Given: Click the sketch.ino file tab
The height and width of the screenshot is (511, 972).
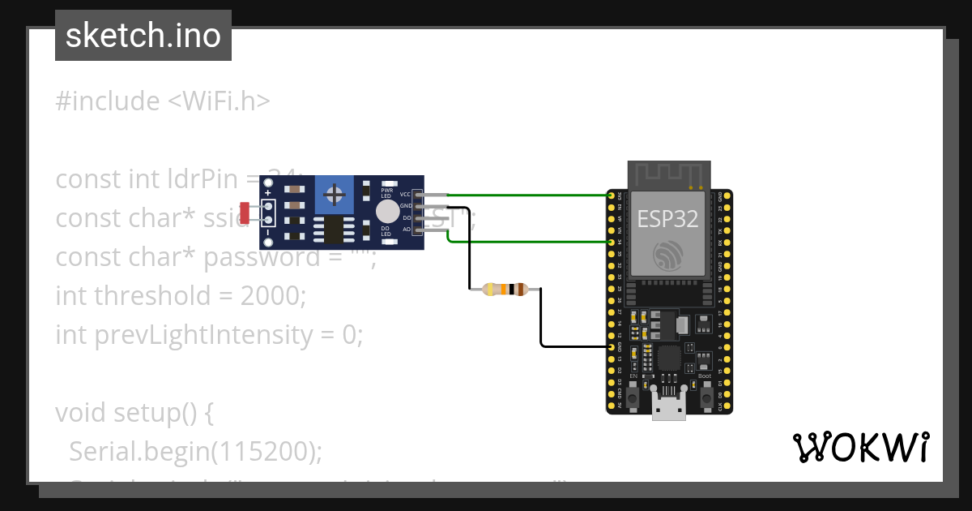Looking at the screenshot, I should pos(143,36).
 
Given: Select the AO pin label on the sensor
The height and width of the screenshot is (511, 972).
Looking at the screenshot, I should pos(406,230).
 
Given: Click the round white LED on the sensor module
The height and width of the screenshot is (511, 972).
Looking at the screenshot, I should pos(387,212).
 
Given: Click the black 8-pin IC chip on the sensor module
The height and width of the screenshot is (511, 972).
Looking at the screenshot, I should pos(333,230).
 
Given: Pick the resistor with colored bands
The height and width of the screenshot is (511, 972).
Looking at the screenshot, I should pos(505,289).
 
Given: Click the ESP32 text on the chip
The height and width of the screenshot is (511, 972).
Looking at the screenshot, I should pos(669,219).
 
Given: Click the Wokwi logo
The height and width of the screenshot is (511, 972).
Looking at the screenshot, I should pos(860,448).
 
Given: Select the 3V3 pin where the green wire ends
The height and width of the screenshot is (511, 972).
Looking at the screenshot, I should pos(611,195).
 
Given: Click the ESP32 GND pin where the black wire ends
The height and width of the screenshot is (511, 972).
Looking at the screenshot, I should pos(611,346).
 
